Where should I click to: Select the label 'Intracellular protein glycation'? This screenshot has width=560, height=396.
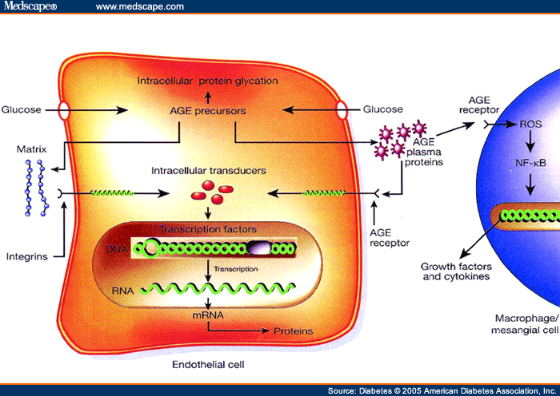[207, 81]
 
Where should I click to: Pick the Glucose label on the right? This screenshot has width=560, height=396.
[382, 109]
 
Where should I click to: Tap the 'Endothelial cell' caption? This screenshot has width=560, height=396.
[207, 365]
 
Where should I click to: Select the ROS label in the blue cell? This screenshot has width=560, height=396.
[530, 125]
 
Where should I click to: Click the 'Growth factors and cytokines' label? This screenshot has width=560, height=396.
[456, 271]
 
